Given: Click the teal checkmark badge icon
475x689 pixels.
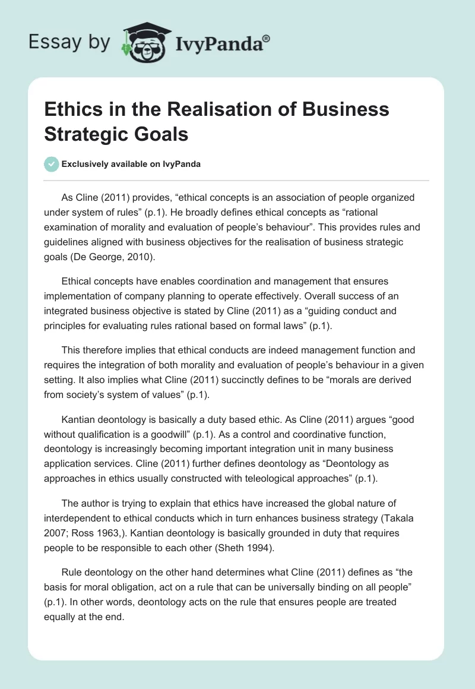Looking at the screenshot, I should coord(52,164).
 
